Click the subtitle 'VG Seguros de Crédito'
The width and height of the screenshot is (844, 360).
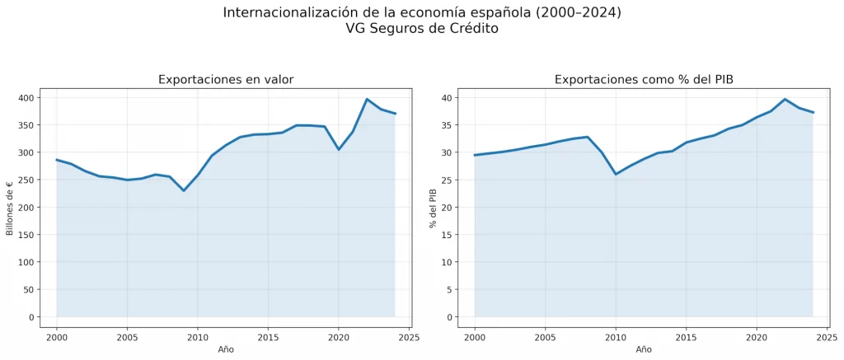pos(422,28)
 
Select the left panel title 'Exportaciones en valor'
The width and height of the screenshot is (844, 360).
pos(226,80)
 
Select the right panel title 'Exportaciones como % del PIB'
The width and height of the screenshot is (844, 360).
pos(644,80)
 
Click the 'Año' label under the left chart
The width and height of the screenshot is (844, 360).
pos(226,349)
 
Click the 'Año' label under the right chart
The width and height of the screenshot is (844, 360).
pos(644,349)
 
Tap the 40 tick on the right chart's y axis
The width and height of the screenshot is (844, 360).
pos(446,98)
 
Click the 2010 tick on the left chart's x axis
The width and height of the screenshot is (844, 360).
pos(197,336)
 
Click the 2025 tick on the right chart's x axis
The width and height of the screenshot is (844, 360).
pos(827,336)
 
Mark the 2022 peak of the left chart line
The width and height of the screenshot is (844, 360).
pos(367,99)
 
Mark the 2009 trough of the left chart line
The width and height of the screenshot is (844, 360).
pos(184,191)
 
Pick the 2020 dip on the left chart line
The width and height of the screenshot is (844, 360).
pos(339,149)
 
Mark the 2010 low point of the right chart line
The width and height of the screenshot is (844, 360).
pos(616,174)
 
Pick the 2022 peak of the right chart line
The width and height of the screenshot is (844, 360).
pos(785,99)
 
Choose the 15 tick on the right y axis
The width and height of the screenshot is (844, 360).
pos(446,235)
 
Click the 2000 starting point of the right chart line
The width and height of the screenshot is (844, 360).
pos(475,155)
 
